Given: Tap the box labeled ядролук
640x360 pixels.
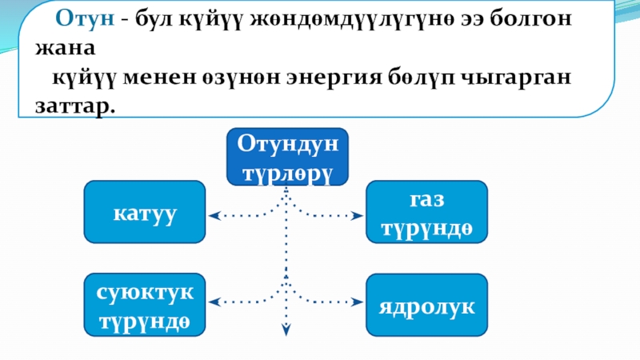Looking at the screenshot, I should (x=426, y=306).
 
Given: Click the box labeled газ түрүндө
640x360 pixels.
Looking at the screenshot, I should (x=426, y=213).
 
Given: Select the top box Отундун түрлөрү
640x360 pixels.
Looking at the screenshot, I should (x=286, y=158).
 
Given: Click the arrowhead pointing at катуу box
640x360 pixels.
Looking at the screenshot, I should (x=213, y=215).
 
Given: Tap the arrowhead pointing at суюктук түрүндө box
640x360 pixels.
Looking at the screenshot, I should (x=213, y=302).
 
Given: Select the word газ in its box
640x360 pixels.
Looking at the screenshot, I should (x=426, y=201).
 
